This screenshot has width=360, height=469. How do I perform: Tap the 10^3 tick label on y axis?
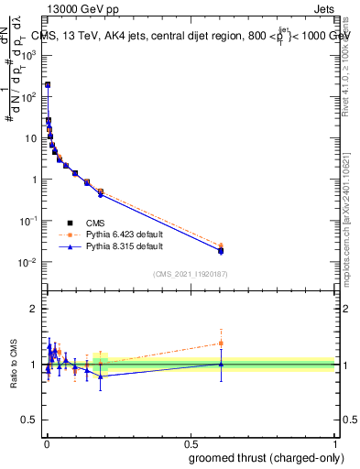pos(29,54)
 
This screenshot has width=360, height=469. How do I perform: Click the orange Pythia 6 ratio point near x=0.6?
pos(221,344)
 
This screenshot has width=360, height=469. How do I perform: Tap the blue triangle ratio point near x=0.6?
pos(221,364)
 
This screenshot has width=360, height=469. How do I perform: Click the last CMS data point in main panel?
pos(221,250)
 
